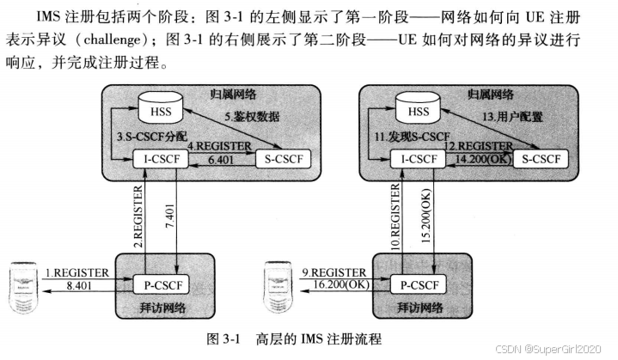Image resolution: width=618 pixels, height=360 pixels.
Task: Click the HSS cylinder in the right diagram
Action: click(x=419, y=111)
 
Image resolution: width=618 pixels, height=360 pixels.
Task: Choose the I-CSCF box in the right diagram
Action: click(x=419, y=160)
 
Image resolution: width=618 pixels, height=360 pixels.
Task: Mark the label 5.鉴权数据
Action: click(x=254, y=115)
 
